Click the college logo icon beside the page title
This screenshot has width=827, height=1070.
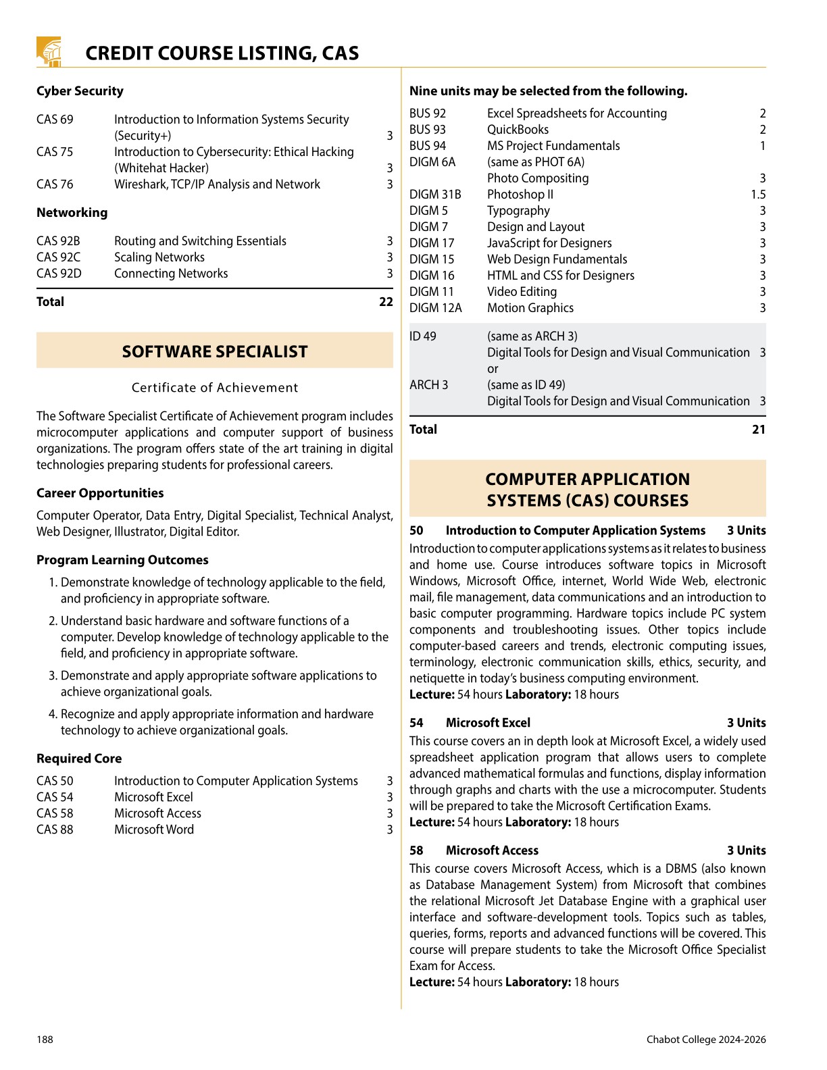[49, 52]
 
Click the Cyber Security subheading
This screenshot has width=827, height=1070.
[80, 91]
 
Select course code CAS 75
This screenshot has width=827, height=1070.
[55, 152]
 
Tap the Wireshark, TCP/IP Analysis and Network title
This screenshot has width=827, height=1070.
[217, 184]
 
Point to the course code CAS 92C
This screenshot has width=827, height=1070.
[58, 257]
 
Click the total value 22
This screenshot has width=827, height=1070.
[386, 302]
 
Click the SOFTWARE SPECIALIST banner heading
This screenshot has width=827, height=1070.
[215, 351]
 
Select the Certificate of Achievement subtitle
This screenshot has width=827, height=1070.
[215, 388]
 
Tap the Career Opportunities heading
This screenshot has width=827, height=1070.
[100, 493]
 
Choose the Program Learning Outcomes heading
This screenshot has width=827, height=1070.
[122, 560]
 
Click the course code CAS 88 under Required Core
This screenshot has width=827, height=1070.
[55, 830]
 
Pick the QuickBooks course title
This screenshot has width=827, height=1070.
[518, 130]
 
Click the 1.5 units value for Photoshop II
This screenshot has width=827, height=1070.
[758, 195]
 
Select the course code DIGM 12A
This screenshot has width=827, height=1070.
[436, 308]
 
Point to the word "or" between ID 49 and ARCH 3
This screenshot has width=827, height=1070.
[493, 369]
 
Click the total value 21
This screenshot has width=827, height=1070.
[759, 430]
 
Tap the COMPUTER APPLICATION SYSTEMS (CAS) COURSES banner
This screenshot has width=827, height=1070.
[588, 490]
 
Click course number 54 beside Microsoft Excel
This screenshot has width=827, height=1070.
[416, 723]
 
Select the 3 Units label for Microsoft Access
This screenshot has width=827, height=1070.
[747, 850]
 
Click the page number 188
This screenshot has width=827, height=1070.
[45, 1040]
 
